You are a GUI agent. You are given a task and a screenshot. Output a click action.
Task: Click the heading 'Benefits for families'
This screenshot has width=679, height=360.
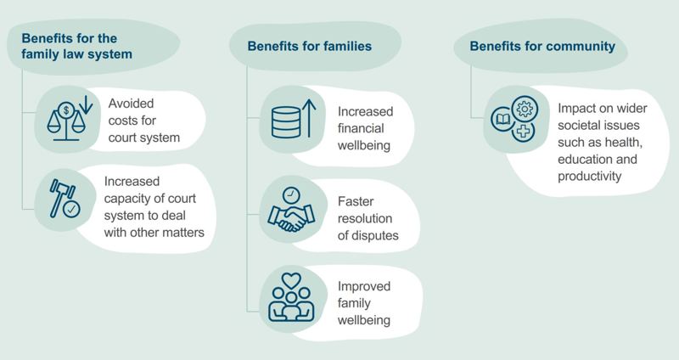(x=309, y=47)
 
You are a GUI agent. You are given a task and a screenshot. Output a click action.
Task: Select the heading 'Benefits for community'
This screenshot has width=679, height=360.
(x=542, y=47)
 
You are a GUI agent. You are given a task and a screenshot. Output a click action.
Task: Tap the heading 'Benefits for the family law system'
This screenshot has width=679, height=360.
(x=76, y=47)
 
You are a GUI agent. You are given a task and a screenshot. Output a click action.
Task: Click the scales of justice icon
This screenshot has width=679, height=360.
(x=66, y=121)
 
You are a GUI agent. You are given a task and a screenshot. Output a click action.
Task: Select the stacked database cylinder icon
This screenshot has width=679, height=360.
(x=286, y=122)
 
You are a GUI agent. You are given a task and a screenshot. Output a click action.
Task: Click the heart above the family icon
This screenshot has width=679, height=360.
(x=291, y=280)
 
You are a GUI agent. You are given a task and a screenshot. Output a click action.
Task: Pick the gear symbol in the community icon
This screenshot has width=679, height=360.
(x=525, y=109)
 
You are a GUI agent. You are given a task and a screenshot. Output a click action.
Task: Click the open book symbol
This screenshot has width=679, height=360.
(x=502, y=119)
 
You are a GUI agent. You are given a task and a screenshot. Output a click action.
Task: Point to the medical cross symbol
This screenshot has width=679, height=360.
(x=523, y=131)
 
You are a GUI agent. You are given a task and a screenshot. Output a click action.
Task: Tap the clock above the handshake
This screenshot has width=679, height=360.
(x=291, y=195)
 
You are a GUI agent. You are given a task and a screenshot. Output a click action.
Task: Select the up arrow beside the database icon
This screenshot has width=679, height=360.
(x=309, y=118)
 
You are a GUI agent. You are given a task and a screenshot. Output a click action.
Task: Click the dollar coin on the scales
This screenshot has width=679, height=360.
(x=66, y=110)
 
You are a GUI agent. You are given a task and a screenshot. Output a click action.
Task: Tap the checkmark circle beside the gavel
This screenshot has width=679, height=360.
(x=71, y=209)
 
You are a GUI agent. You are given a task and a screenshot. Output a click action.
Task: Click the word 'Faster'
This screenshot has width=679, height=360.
(x=356, y=201)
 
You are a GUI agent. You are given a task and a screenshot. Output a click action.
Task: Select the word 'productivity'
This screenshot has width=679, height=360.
(x=589, y=177)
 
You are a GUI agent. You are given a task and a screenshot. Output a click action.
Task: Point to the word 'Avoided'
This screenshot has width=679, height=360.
(x=131, y=104)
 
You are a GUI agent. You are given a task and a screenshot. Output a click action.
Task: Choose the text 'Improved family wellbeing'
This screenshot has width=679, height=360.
(x=364, y=303)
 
